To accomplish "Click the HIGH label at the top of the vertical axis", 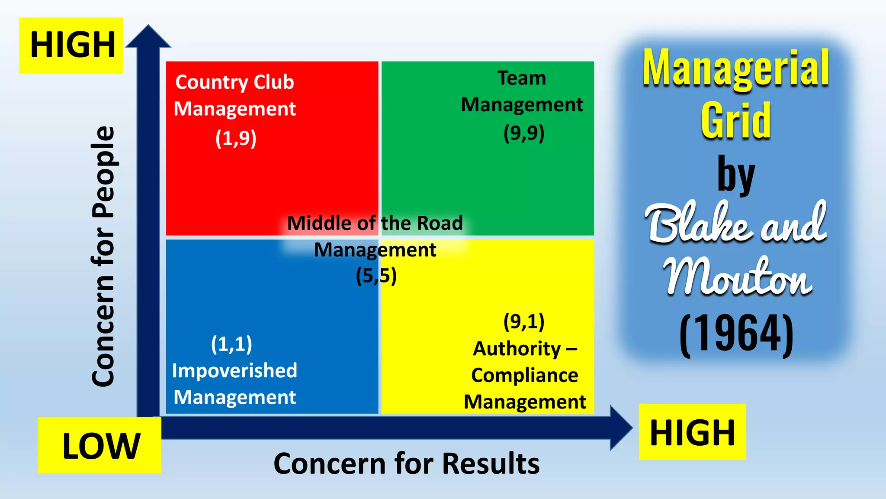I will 71,45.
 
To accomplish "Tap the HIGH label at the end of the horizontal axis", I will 692,432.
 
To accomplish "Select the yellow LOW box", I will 100,445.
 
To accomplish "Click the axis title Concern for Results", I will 407,463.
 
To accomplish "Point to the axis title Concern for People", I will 103,256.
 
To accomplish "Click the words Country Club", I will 234,82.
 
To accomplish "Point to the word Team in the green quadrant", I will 522,78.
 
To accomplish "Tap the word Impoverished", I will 234,371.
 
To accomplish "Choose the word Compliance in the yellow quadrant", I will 525,375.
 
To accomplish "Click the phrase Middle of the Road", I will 375,223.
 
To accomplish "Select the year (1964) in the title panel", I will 736,334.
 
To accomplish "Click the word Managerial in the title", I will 735,68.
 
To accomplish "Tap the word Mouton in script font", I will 738,277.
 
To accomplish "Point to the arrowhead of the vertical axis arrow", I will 148,36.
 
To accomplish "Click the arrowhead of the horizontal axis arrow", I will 621,428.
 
